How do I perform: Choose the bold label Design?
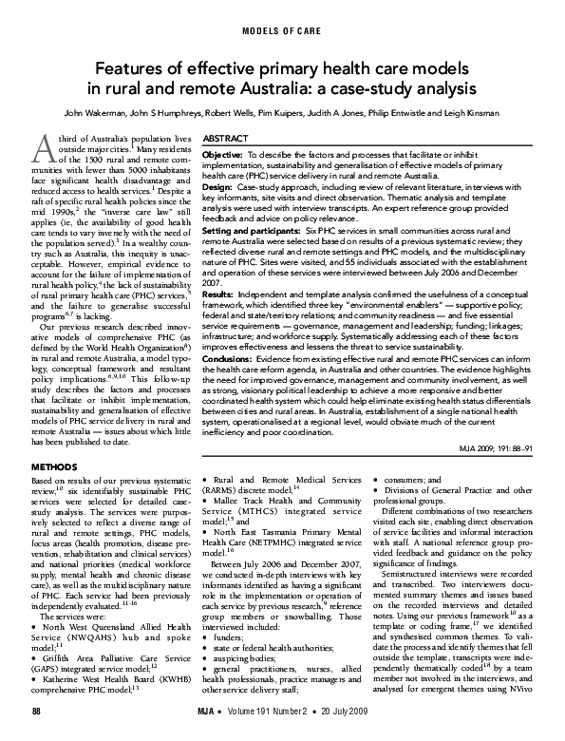point(219,188)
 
